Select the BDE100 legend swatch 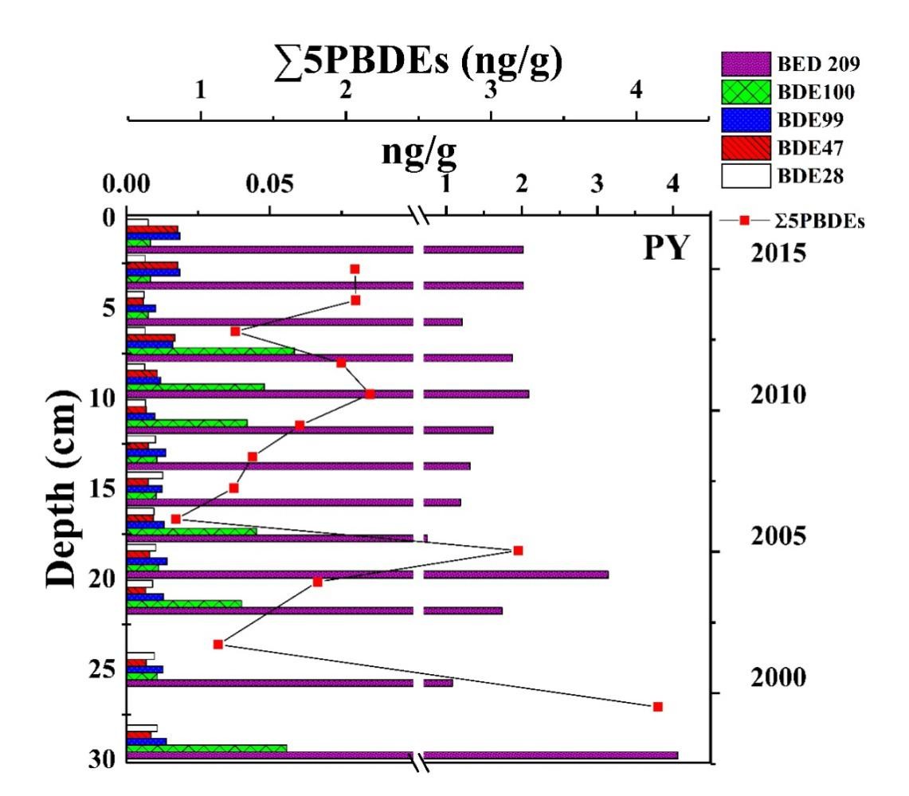point(746,92)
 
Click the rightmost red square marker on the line point(658,707)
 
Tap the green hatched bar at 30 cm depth point(207,748)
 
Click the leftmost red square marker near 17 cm point(175,519)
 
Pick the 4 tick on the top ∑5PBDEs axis point(636,92)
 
